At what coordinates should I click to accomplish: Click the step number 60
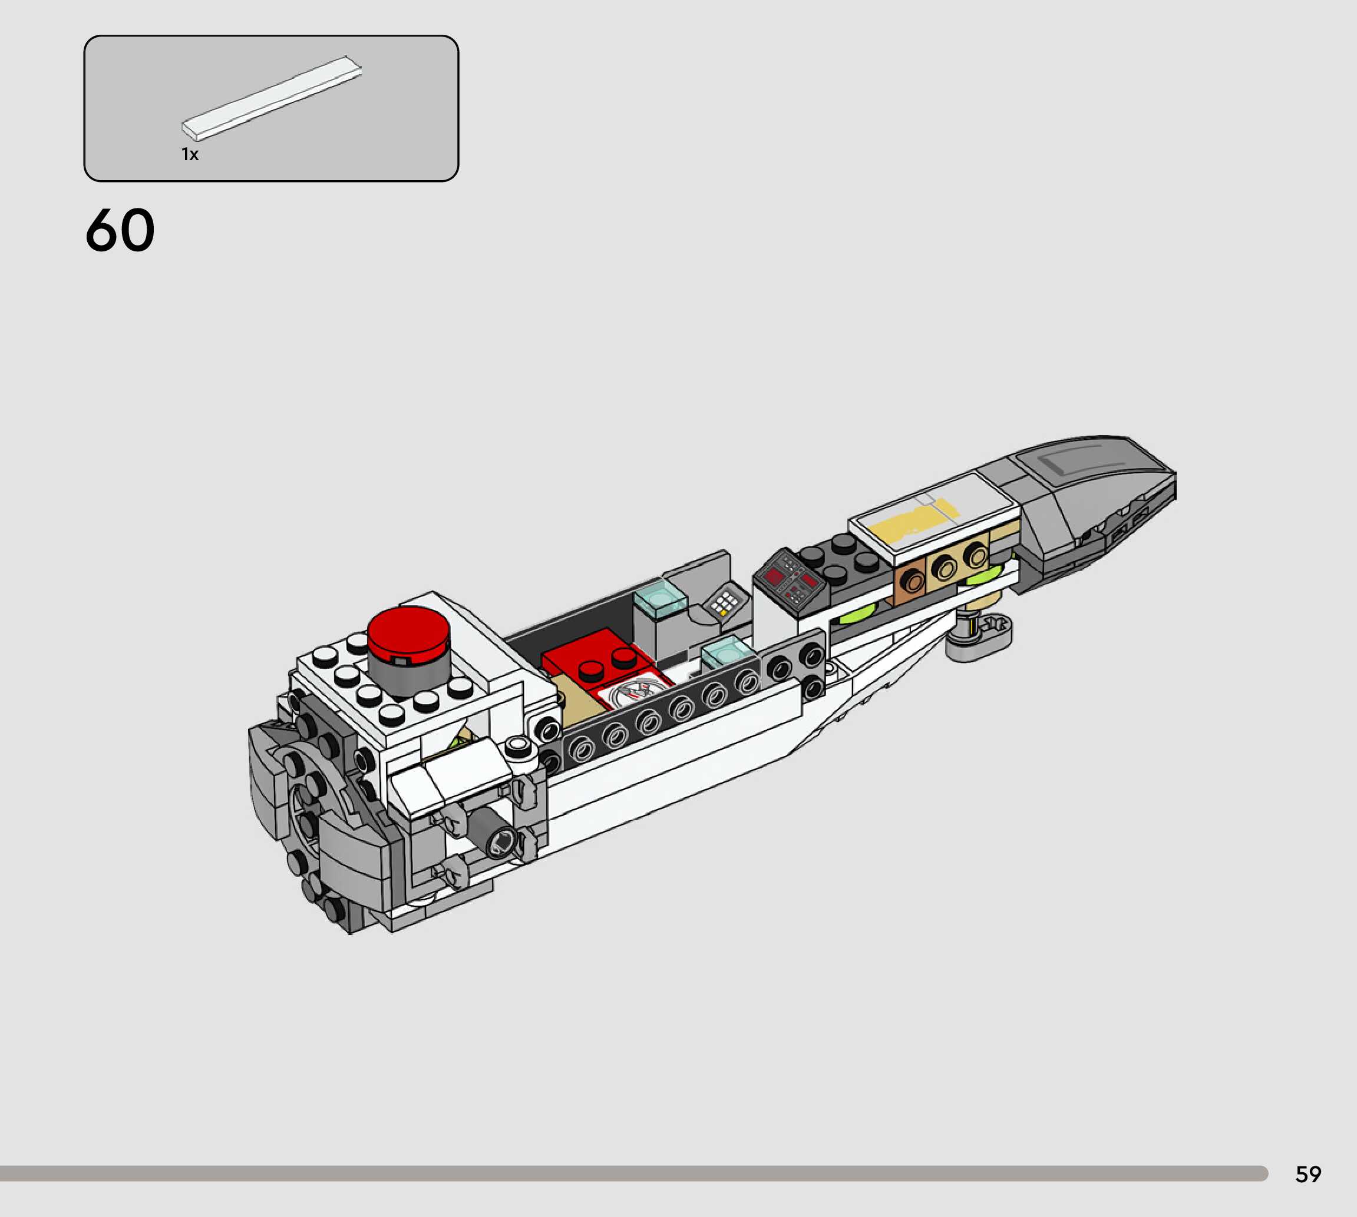pos(120,230)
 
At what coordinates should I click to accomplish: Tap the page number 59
pos(1308,1174)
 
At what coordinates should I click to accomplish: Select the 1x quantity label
pos(190,154)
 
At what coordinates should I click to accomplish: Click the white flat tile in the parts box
pos(272,98)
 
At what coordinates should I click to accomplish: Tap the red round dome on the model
pos(408,631)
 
